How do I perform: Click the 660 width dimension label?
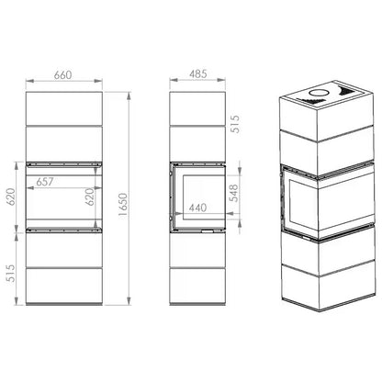[62, 75]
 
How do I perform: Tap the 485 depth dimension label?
[198, 74]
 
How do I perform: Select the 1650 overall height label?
[123, 205]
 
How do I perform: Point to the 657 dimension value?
[45, 182]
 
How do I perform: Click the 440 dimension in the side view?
[197, 208]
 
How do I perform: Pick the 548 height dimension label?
[233, 193]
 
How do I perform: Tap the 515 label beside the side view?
[235, 124]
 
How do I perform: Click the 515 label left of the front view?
[10, 274]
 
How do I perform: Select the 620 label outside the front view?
[10, 197]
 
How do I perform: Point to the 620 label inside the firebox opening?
[89, 197]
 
